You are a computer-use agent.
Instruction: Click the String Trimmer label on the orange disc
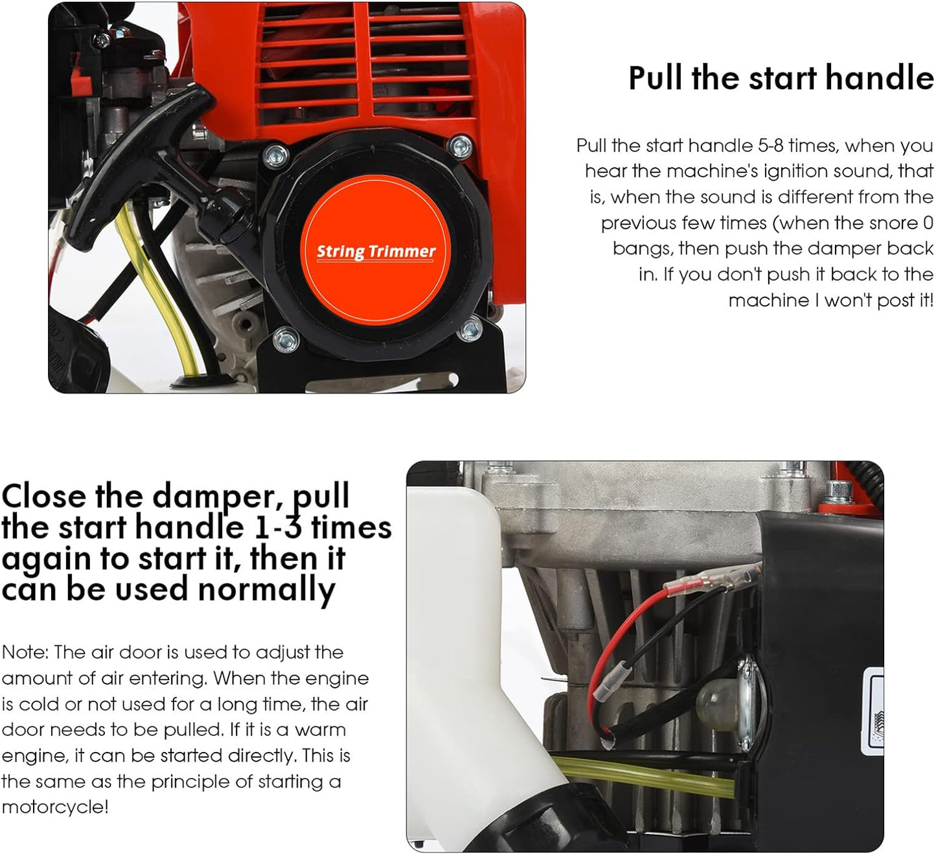[x=376, y=251]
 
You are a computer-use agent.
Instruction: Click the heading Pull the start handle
[x=781, y=78]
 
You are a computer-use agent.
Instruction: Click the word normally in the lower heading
[x=266, y=590]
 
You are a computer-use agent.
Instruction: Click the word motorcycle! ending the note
[x=55, y=807]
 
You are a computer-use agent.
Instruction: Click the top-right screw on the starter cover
[x=461, y=146]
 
